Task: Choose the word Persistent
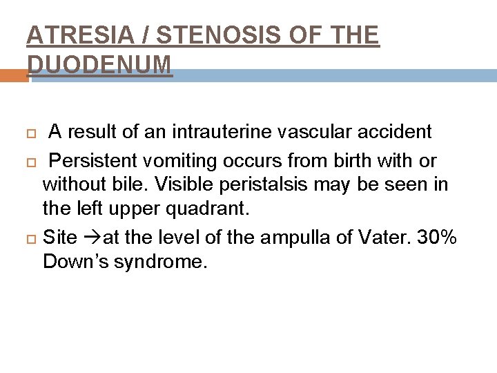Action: [93, 162]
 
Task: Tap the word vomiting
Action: [179, 162]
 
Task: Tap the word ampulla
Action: [304, 238]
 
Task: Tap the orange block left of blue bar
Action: [14, 75]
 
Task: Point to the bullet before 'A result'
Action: [30, 132]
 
